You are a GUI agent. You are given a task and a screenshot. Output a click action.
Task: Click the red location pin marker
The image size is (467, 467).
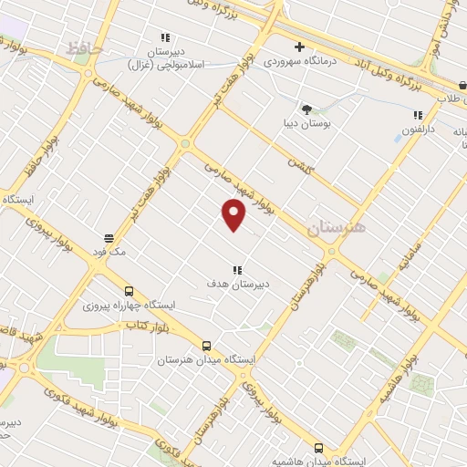(x=234, y=214)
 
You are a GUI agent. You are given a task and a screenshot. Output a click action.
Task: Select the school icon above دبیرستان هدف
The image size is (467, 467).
(x=237, y=269)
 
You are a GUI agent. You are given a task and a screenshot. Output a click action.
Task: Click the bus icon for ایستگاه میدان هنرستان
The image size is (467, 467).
(x=207, y=346)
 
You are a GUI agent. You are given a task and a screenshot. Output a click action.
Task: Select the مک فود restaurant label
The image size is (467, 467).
(x=108, y=249)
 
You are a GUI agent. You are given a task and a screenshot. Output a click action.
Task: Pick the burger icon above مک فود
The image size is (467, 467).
(x=109, y=236)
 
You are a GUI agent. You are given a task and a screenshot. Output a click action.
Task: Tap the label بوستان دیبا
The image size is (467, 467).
(x=306, y=122)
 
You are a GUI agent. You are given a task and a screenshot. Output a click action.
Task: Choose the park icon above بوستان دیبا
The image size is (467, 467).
(x=306, y=109)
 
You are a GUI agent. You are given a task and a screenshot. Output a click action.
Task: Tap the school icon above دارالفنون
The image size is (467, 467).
(x=418, y=115)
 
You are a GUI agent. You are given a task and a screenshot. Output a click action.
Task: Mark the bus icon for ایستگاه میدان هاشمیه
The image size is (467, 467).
(x=318, y=447)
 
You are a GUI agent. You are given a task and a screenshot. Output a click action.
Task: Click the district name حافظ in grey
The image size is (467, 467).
(x=87, y=47)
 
